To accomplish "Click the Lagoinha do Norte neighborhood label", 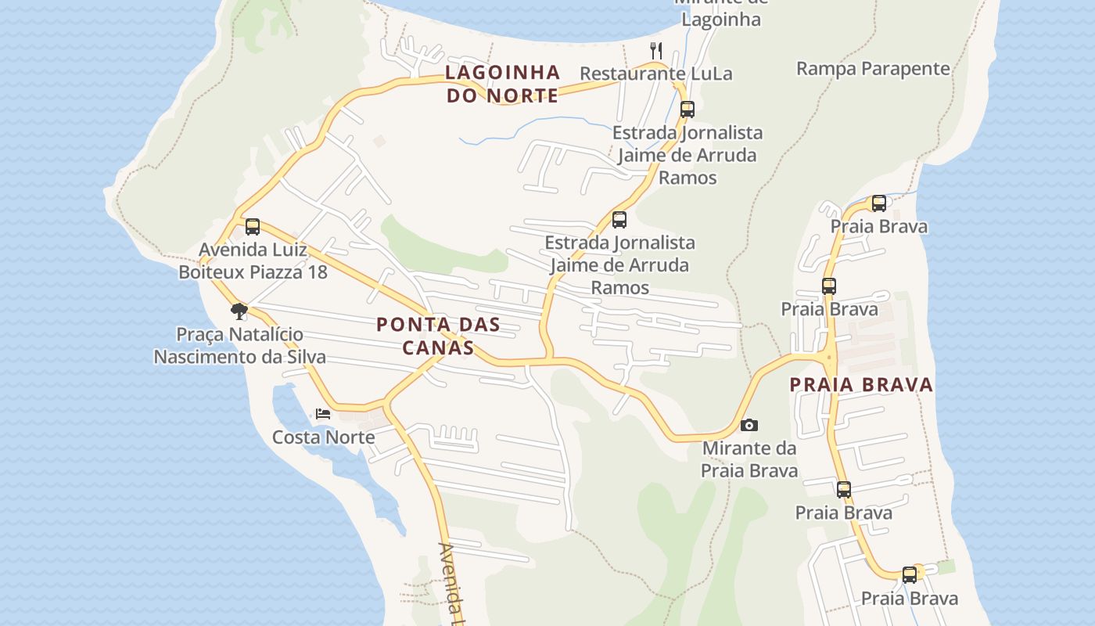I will pos(502,84).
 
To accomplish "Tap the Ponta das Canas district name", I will pos(438,336).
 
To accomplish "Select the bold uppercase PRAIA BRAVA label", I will pos(861,384).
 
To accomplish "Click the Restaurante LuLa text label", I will pos(655,74).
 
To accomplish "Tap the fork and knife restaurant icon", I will pos(656,51).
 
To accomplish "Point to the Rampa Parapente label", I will pos(873,69).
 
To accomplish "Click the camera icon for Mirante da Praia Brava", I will pos(749,425).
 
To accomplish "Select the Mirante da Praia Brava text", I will pos(749,459).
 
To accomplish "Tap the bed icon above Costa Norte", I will pos(323,413).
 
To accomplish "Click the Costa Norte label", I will pos(323,437).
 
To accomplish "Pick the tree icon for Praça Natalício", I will pos(239,311).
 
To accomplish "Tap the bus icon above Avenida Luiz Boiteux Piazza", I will pos(252,227).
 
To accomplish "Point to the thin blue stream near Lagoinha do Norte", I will pos(532,125).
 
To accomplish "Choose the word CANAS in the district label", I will pos(438,347).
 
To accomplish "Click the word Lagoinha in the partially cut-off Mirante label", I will pos(720,20).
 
